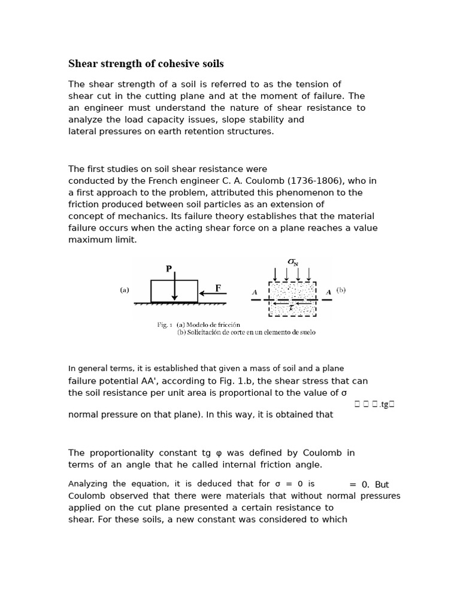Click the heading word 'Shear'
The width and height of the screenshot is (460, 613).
pos(83,63)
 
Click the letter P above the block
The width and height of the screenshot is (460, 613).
pos(169,269)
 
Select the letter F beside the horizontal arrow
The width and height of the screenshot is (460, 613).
pos(218,288)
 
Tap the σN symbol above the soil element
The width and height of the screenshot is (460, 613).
pos(292,262)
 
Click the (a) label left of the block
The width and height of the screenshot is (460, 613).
pos(125,290)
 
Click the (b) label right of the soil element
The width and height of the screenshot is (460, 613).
pos(341,290)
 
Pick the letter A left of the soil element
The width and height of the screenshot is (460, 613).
pos(255,292)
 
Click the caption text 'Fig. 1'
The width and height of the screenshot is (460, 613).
pos(165,324)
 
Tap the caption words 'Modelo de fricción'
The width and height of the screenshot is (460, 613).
pos(212,324)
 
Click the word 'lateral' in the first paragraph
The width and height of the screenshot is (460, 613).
pos(81,131)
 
